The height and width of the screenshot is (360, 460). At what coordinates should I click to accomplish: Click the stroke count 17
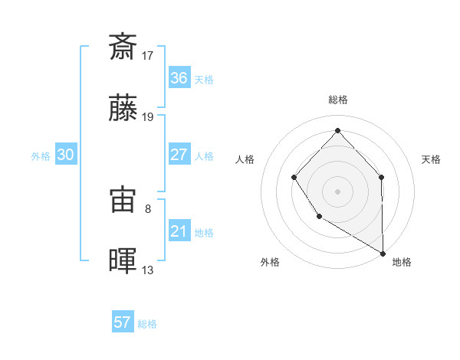(x=148, y=55)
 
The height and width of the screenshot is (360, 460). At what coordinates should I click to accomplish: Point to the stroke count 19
(x=148, y=117)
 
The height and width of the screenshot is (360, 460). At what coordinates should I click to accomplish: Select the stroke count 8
(x=148, y=208)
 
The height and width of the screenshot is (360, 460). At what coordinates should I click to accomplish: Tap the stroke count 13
(x=148, y=270)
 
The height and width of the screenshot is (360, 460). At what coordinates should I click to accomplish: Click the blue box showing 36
(x=179, y=77)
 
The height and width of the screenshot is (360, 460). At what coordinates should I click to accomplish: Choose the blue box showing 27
(x=179, y=155)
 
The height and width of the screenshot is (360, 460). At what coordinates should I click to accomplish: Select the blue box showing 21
(x=179, y=231)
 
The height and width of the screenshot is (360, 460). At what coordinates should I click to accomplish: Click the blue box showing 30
(x=65, y=155)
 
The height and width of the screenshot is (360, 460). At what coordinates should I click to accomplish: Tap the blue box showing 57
(x=123, y=322)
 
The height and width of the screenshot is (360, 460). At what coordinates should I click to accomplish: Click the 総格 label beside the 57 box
(x=147, y=324)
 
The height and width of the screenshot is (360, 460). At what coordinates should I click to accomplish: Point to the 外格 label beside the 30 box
(x=41, y=156)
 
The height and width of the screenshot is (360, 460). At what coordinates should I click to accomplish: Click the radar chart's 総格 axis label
(x=337, y=100)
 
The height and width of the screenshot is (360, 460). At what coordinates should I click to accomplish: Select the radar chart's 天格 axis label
(x=432, y=159)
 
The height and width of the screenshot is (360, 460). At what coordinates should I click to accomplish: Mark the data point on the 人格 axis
(x=294, y=178)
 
